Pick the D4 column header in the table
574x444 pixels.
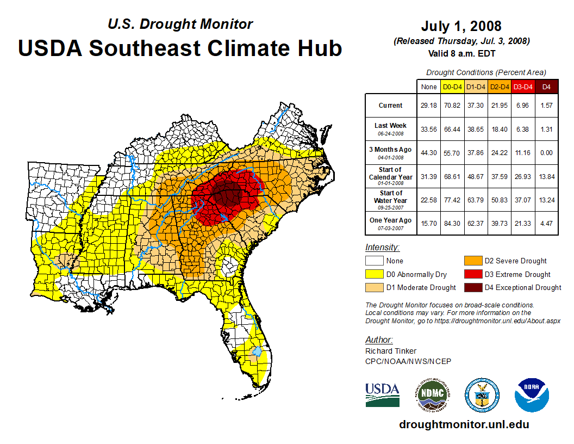(x=546, y=87)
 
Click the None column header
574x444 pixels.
(x=429, y=87)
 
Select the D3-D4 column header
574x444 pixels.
(x=523, y=87)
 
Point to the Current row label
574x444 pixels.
(x=391, y=106)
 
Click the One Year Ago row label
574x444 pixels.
(x=391, y=220)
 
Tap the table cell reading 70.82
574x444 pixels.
(x=452, y=106)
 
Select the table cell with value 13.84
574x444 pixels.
(x=546, y=177)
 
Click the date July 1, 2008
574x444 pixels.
(x=461, y=26)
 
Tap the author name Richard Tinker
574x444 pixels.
(x=390, y=351)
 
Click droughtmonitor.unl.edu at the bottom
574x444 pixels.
(x=464, y=424)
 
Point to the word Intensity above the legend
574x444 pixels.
(x=382, y=247)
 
